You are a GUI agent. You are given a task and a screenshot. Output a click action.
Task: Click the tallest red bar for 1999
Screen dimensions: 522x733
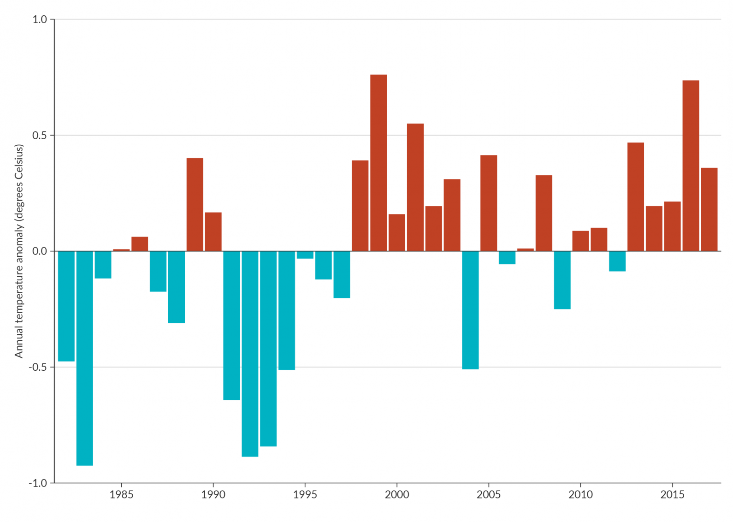(x=378, y=163)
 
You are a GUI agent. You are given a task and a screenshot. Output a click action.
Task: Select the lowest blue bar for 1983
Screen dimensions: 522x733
(x=85, y=358)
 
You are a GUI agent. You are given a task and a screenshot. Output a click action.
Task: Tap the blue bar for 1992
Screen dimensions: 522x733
(x=250, y=354)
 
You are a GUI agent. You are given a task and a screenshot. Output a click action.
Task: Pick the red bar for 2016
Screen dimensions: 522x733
(x=691, y=166)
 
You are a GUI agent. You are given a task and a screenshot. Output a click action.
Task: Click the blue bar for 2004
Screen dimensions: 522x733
(x=470, y=310)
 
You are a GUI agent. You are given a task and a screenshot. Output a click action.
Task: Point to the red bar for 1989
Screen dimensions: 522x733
(x=195, y=205)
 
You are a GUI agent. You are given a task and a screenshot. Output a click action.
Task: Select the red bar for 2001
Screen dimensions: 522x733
(x=415, y=187)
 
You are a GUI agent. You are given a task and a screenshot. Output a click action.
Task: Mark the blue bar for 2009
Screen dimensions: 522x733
(x=562, y=280)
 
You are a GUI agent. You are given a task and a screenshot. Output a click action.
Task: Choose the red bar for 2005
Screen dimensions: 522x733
(x=489, y=203)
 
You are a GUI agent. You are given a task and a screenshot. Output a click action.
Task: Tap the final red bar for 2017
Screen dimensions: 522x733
(x=709, y=209)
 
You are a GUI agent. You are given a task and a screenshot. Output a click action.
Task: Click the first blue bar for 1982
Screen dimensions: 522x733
(x=66, y=306)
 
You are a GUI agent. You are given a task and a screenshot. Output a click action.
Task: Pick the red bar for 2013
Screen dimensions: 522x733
(x=636, y=197)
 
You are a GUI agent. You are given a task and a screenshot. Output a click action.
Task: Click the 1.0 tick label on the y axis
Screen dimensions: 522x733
(x=40, y=19)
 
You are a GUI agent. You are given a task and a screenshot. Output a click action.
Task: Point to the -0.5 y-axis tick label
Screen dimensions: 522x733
(x=38, y=368)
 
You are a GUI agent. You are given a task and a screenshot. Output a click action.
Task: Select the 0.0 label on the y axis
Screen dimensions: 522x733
(x=40, y=251)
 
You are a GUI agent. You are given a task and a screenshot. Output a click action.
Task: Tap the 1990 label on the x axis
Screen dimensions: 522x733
(x=213, y=495)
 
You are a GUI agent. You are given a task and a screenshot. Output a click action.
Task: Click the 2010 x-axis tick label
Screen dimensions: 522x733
(x=580, y=495)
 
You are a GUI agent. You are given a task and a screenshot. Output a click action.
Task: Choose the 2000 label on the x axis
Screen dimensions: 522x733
(x=397, y=495)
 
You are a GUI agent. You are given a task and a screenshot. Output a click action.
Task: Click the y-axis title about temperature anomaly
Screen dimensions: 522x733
(x=19, y=251)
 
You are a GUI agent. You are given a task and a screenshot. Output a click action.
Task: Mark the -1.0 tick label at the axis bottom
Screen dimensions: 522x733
(x=38, y=483)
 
